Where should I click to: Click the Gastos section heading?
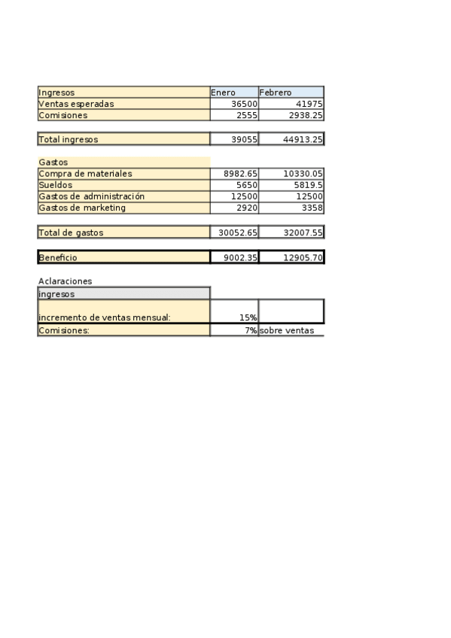(53, 162)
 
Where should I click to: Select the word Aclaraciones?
(65, 281)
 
